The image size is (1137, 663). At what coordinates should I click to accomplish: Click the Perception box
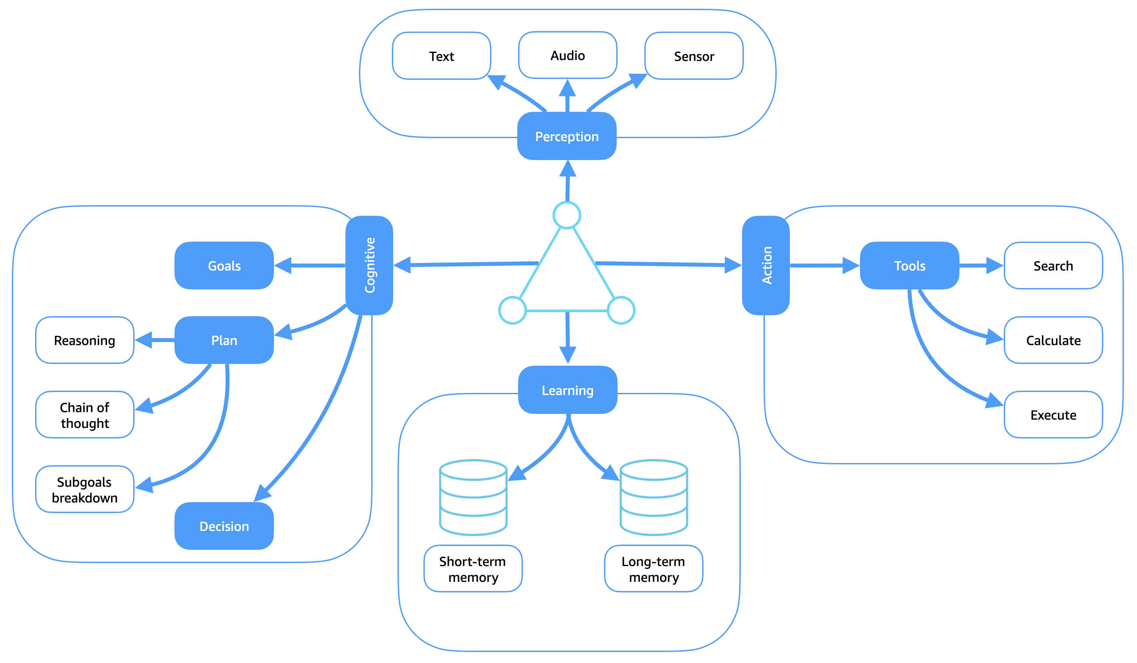click(567, 136)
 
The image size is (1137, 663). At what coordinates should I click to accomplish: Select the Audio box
click(568, 55)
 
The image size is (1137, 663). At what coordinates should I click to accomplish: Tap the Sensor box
click(694, 56)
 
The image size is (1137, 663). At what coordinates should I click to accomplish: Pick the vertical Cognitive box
click(369, 265)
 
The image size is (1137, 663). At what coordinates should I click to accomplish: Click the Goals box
click(224, 265)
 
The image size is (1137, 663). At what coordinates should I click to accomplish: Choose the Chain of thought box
click(85, 415)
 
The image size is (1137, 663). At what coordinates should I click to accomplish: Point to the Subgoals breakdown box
click(85, 489)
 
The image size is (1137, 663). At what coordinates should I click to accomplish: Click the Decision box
click(224, 526)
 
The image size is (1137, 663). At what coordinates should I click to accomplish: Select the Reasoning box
click(85, 340)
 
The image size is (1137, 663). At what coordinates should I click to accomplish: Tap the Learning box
click(568, 390)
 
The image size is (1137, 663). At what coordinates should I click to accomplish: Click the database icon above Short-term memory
click(473, 497)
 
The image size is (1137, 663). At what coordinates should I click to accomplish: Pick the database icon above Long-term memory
click(654, 497)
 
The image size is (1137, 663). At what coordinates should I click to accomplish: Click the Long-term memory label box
click(654, 569)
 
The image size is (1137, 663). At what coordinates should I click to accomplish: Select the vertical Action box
click(766, 265)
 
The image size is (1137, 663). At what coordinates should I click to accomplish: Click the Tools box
click(910, 265)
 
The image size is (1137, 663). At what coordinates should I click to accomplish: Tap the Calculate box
click(1054, 340)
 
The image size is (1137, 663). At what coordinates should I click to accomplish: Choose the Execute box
click(1054, 415)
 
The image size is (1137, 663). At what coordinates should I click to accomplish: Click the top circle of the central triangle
click(567, 215)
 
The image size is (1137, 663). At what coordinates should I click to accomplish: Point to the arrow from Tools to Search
click(980, 265)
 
